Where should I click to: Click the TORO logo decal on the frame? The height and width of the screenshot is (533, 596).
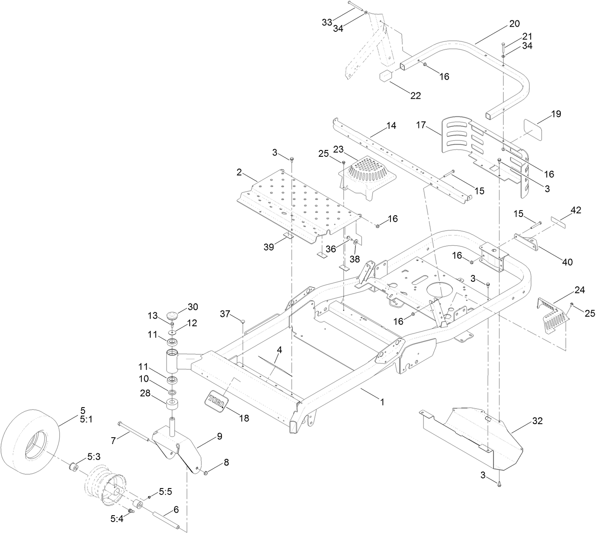pyautogui.click(x=216, y=400)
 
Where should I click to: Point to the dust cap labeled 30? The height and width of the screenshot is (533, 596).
pyautogui.click(x=173, y=316)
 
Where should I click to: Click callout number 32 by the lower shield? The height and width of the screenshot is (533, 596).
pyautogui.click(x=537, y=421)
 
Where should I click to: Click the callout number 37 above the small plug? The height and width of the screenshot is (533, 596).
pyautogui.click(x=225, y=314)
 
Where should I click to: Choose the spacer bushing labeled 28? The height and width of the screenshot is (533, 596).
pyautogui.click(x=173, y=403)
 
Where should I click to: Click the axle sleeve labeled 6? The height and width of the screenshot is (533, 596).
pyautogui.click(x=169, y=519)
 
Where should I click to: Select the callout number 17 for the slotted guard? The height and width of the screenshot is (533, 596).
pyautogui.click(x=421, y=125)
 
